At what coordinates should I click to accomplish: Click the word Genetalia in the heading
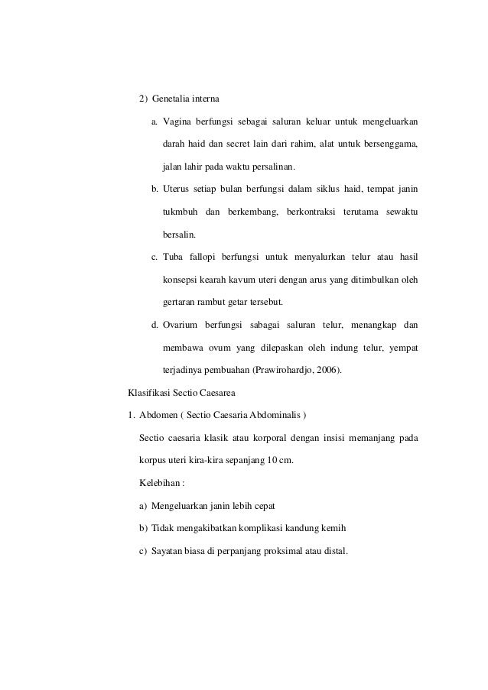[x=172, y=100]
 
